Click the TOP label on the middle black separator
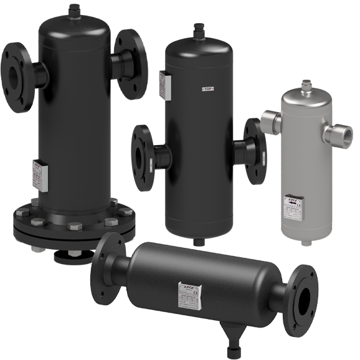208,90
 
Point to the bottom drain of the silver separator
305,241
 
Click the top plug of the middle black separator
200,31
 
